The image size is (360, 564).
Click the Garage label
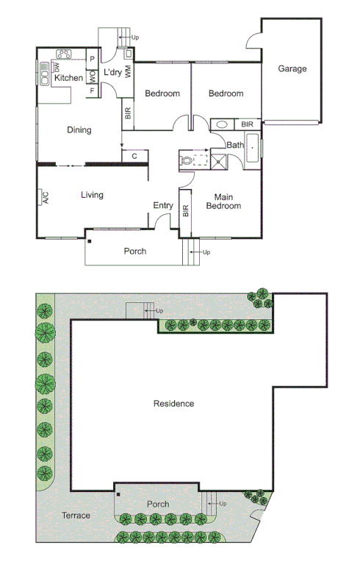click(x=292, y=69)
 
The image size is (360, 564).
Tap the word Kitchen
click(x=69, y=78)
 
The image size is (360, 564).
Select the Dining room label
click(x=79, y=130)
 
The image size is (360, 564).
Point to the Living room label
click(x=92, y=195)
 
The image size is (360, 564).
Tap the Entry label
click(x=162, y=206)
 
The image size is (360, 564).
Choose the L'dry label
click(x=112, y=72)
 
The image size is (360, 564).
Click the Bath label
click(x=235, y=145)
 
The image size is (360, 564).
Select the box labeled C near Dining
click(x=134, y=156)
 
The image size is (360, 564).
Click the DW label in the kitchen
click(x=57, y=67)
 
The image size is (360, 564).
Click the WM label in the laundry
click(x=128, y=71)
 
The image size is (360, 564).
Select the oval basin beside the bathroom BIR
click(x=220, y=124)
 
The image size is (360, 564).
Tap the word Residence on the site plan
click(x=173, y=403)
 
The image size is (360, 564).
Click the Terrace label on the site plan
click(x=76, y=515)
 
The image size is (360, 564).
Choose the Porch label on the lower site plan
click(x=157, y=504)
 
